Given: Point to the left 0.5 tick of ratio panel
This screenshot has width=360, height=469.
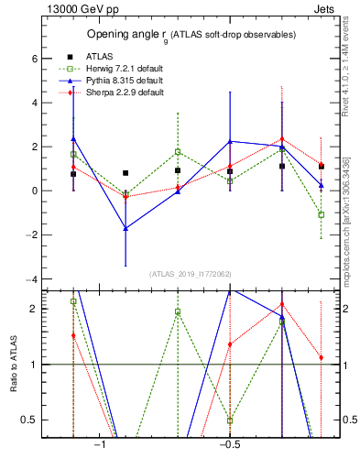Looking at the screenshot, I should pos(30,420).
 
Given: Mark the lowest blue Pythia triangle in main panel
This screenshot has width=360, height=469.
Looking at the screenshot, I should pos(125,228).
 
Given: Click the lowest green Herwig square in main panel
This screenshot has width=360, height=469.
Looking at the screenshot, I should pos(321,214).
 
